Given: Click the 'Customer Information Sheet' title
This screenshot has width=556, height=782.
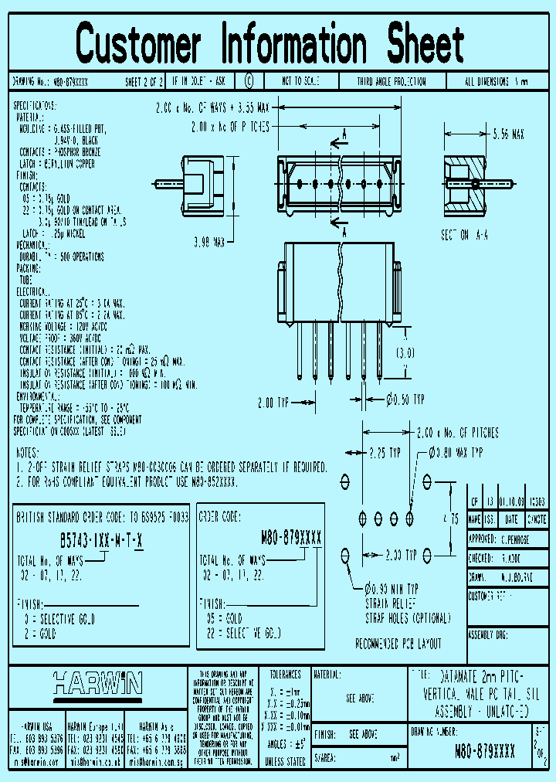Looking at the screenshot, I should tap(270, 44).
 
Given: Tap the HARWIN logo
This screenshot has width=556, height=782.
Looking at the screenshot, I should tap(97, 683).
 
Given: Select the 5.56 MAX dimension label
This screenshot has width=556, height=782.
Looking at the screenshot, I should tap(508, 134).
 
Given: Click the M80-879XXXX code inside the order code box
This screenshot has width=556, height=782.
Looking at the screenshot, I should tap(291, 539).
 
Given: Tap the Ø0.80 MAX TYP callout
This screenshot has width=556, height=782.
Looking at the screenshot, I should tap(456, 452).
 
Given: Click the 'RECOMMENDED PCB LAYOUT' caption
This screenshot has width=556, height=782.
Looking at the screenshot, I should tap(398, 643).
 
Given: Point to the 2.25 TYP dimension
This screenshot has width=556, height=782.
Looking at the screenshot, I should tap(384, 452).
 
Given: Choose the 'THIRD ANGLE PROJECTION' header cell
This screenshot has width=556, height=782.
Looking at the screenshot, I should tap(391, 81).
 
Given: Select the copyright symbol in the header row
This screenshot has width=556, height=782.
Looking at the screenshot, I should tap(248, 81).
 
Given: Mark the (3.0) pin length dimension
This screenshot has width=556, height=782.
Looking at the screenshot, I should tap(405, 352).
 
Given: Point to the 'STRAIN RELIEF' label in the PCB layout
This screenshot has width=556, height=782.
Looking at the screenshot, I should tap(391, 602).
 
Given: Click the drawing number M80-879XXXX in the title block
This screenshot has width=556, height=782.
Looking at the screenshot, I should tap(484, 750).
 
